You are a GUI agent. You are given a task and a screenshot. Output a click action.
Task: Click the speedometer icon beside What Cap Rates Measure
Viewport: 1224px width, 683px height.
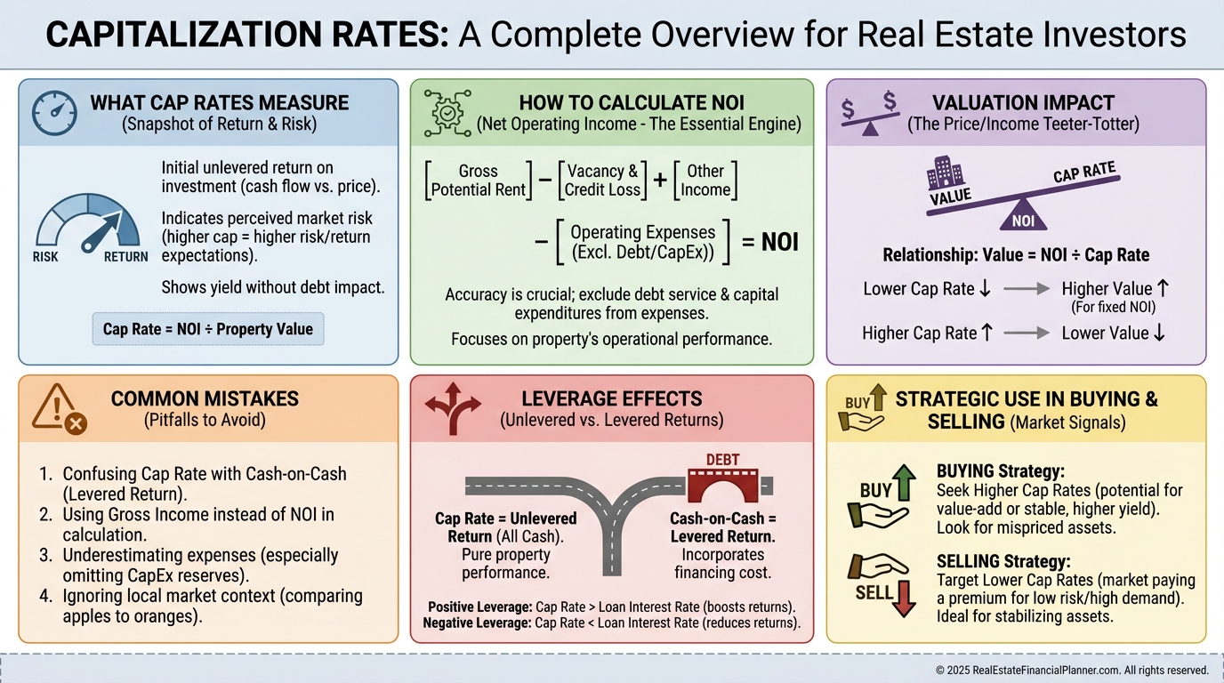point(54,113)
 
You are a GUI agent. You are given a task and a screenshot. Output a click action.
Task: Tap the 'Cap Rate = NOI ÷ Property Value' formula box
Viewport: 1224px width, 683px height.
point(208,329)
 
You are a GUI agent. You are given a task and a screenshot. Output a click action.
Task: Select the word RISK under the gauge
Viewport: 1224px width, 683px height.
point(45,257)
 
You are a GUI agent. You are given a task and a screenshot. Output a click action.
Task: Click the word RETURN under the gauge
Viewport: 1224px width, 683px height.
point(125,257)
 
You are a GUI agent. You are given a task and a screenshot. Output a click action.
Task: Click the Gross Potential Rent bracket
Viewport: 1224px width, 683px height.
point(478,181)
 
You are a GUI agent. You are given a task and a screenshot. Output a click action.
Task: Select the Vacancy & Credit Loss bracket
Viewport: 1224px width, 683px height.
point(602,181)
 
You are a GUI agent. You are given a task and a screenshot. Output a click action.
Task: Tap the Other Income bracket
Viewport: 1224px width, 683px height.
point(705,181)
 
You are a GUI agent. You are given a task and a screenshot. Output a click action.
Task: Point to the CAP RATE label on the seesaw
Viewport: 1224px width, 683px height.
point(1084,173)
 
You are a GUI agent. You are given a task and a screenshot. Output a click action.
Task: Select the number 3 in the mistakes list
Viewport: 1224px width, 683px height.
point(45,555)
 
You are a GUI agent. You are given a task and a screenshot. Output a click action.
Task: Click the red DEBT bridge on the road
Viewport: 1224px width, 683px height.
point(722,480)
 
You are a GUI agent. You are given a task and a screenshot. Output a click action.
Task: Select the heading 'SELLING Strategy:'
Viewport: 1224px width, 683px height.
point(1003,562)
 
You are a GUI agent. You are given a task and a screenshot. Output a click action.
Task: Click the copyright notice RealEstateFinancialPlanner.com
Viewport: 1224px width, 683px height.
point(1072,670)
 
